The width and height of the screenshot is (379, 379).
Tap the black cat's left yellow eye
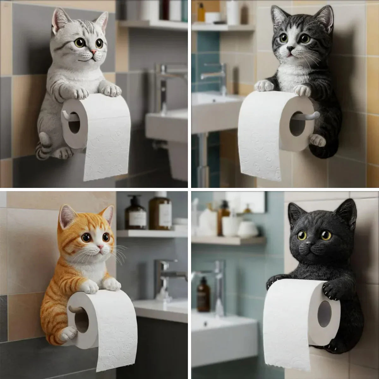[302, 235]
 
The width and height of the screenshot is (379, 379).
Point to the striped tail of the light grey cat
[43, 146]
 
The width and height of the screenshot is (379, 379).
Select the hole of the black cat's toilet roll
[324, 314]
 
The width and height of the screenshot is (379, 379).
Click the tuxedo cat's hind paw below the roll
[317, 140]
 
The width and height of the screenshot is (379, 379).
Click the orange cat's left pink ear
[67, 216]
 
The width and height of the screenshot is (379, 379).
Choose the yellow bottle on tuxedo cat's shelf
[201, 13]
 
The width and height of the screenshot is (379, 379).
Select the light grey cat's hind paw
[63, 153]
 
